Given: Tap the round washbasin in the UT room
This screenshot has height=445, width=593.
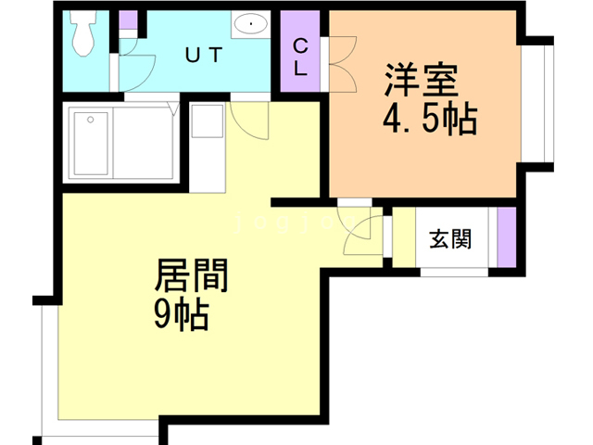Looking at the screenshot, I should [250, 24].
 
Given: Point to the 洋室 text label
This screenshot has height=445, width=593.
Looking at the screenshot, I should [422, 82].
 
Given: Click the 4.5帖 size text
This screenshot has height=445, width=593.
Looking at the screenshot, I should [429, 119].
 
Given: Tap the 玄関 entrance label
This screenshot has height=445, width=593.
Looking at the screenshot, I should [450, 238].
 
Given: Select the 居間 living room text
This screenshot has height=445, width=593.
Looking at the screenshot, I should [191, 275].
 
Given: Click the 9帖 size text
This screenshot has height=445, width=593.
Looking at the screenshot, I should [181, 315].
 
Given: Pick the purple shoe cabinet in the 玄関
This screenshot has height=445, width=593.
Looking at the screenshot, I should [506, 237].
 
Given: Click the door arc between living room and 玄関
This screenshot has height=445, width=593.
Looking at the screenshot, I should [362, 233].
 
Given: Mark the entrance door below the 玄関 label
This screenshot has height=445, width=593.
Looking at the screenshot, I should [454, 272].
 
